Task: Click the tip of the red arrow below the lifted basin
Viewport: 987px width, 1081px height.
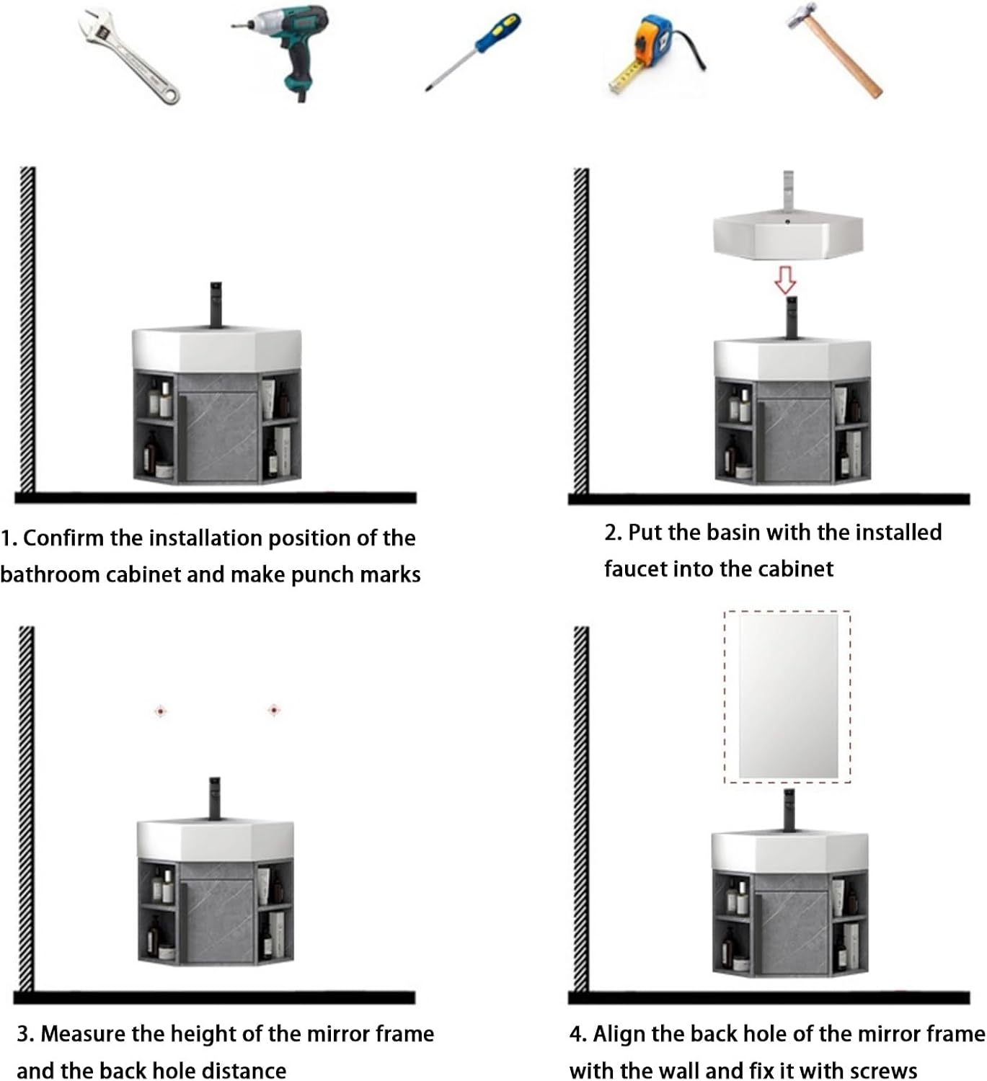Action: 785,294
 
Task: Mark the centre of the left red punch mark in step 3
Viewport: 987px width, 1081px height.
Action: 160,711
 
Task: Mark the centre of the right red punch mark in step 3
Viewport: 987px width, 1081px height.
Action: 274,711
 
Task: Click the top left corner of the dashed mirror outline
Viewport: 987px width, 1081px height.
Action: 725,611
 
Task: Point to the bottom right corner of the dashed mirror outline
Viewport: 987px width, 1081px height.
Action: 851,783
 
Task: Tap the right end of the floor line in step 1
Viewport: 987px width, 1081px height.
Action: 417,497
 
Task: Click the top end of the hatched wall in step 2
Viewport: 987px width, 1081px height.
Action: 581,169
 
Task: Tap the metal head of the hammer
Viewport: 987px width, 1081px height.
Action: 802,15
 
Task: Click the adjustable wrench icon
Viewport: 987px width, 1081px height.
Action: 128,56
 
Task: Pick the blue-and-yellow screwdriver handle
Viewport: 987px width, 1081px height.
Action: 497,32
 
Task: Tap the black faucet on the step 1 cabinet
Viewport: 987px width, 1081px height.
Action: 216,304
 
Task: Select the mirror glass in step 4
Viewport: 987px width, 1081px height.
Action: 788,696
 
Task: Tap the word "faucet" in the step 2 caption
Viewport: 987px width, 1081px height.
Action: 632,569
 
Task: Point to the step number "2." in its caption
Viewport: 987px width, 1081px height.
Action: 614,533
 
